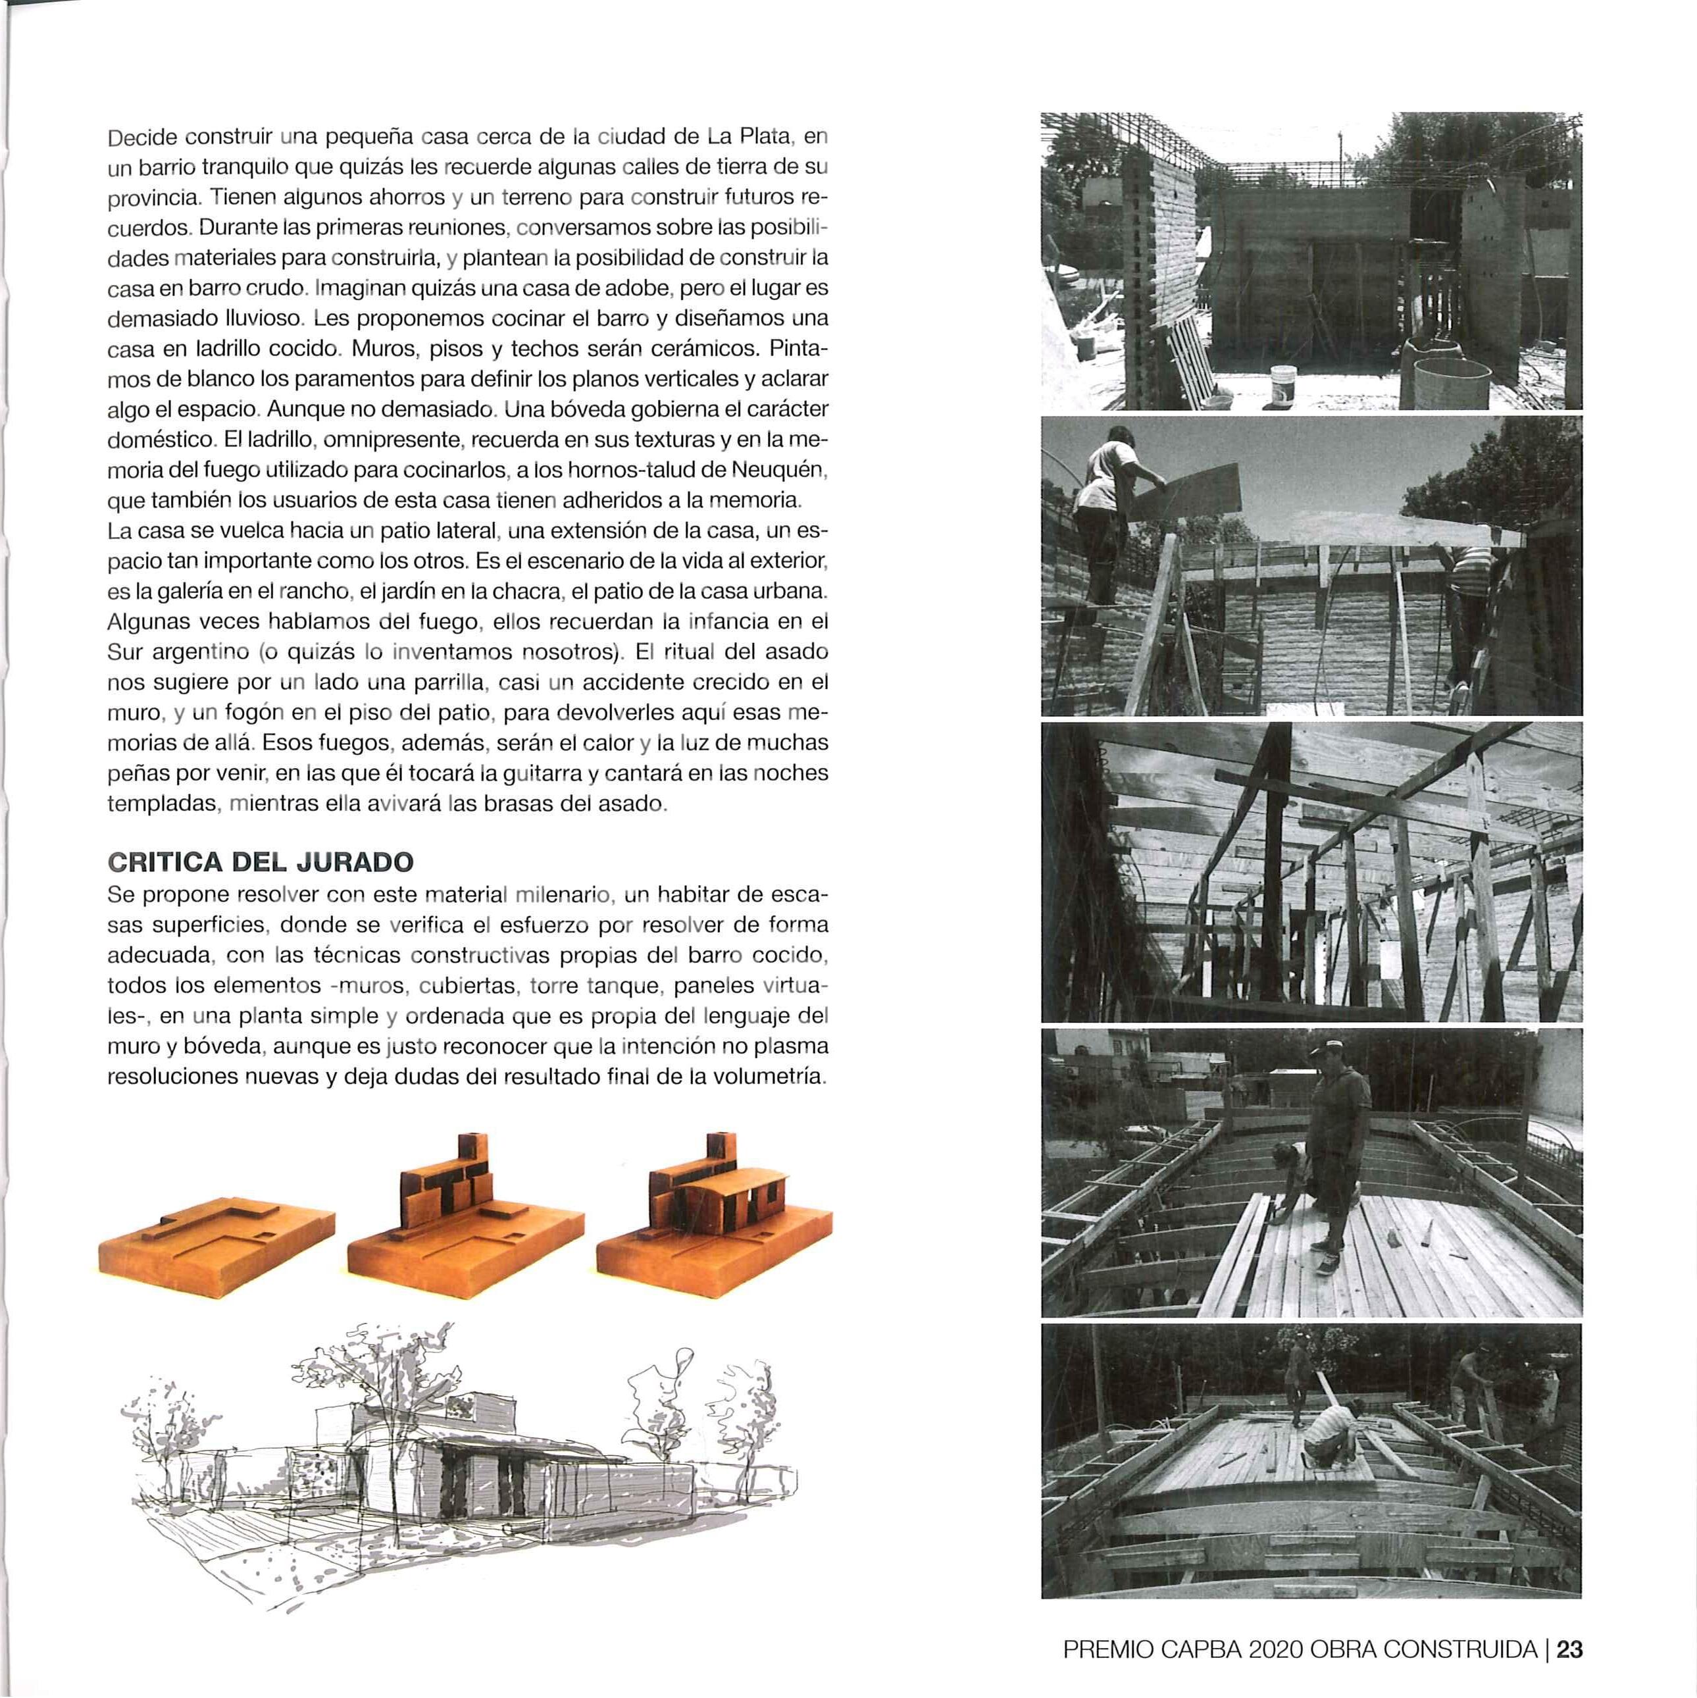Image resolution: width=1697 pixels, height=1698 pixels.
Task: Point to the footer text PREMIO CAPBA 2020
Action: (1183, 1650)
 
